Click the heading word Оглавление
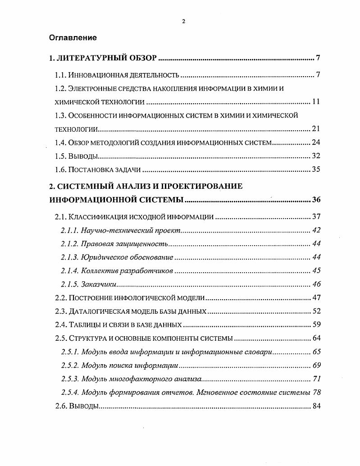tap(73, 38)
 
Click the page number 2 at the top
tap(183, 21)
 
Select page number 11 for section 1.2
tap(315, 102)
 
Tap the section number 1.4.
tap(61, 143)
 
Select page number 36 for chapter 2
tap(315, 200)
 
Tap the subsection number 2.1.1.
tap(70, 230)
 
